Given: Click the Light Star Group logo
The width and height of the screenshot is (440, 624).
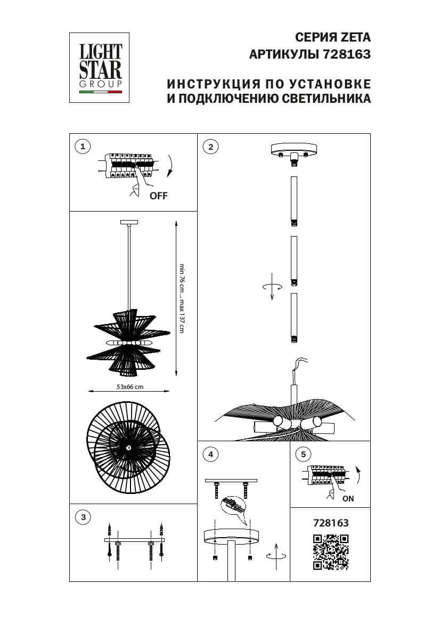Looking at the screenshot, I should pyautogui.click(x=101, y=68).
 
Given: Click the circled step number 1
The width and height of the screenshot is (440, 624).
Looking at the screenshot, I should pyautogui.click(x=82, y=147).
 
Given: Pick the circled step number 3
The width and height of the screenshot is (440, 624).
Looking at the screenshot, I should pyautogui.click(x=82, y=517).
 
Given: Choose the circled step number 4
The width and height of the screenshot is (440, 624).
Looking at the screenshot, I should pyautogui.click(x=211, y=454).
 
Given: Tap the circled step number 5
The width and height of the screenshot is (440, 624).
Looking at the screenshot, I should pyautogui.click(x=303, y=454).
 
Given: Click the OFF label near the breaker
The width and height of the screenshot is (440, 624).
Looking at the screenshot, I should pyautogui.click(x=158, y=196).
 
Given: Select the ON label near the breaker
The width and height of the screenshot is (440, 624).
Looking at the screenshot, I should pyautogui.click(x=348, y=499).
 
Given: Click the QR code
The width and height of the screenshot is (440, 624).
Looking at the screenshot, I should pyautogui.click(x=330, y=552).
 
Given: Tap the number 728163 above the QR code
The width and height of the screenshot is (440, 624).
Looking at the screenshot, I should pyautogui.click(x=330, y=523).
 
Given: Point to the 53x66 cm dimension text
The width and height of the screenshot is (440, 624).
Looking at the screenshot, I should pyautogui.click(x=130, y=387).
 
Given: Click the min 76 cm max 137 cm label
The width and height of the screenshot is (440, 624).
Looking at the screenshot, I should pyautogui.click(x=182, y=298).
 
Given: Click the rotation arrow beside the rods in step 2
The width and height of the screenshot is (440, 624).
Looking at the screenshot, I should pyautogui.click(x=272, y=286).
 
